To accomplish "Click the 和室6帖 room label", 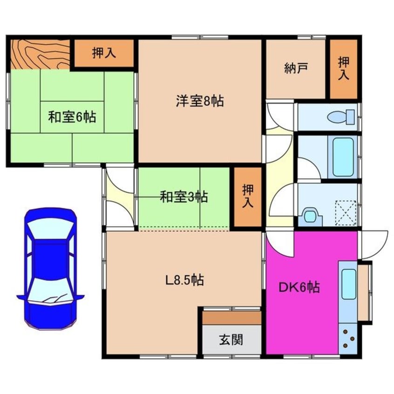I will tap(72, 116).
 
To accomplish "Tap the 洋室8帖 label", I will tap(199, 101).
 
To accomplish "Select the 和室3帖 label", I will tap(184, 197).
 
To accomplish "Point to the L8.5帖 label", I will tap(184, 280).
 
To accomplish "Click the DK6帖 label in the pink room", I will tap(299, 288).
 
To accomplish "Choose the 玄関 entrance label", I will tap(231, 340).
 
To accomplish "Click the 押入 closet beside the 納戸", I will tap(344, 69).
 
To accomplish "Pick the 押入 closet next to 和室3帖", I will tap(247, 197).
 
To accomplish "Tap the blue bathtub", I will tap(343, 156).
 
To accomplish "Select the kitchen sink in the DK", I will tap(348, 284).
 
